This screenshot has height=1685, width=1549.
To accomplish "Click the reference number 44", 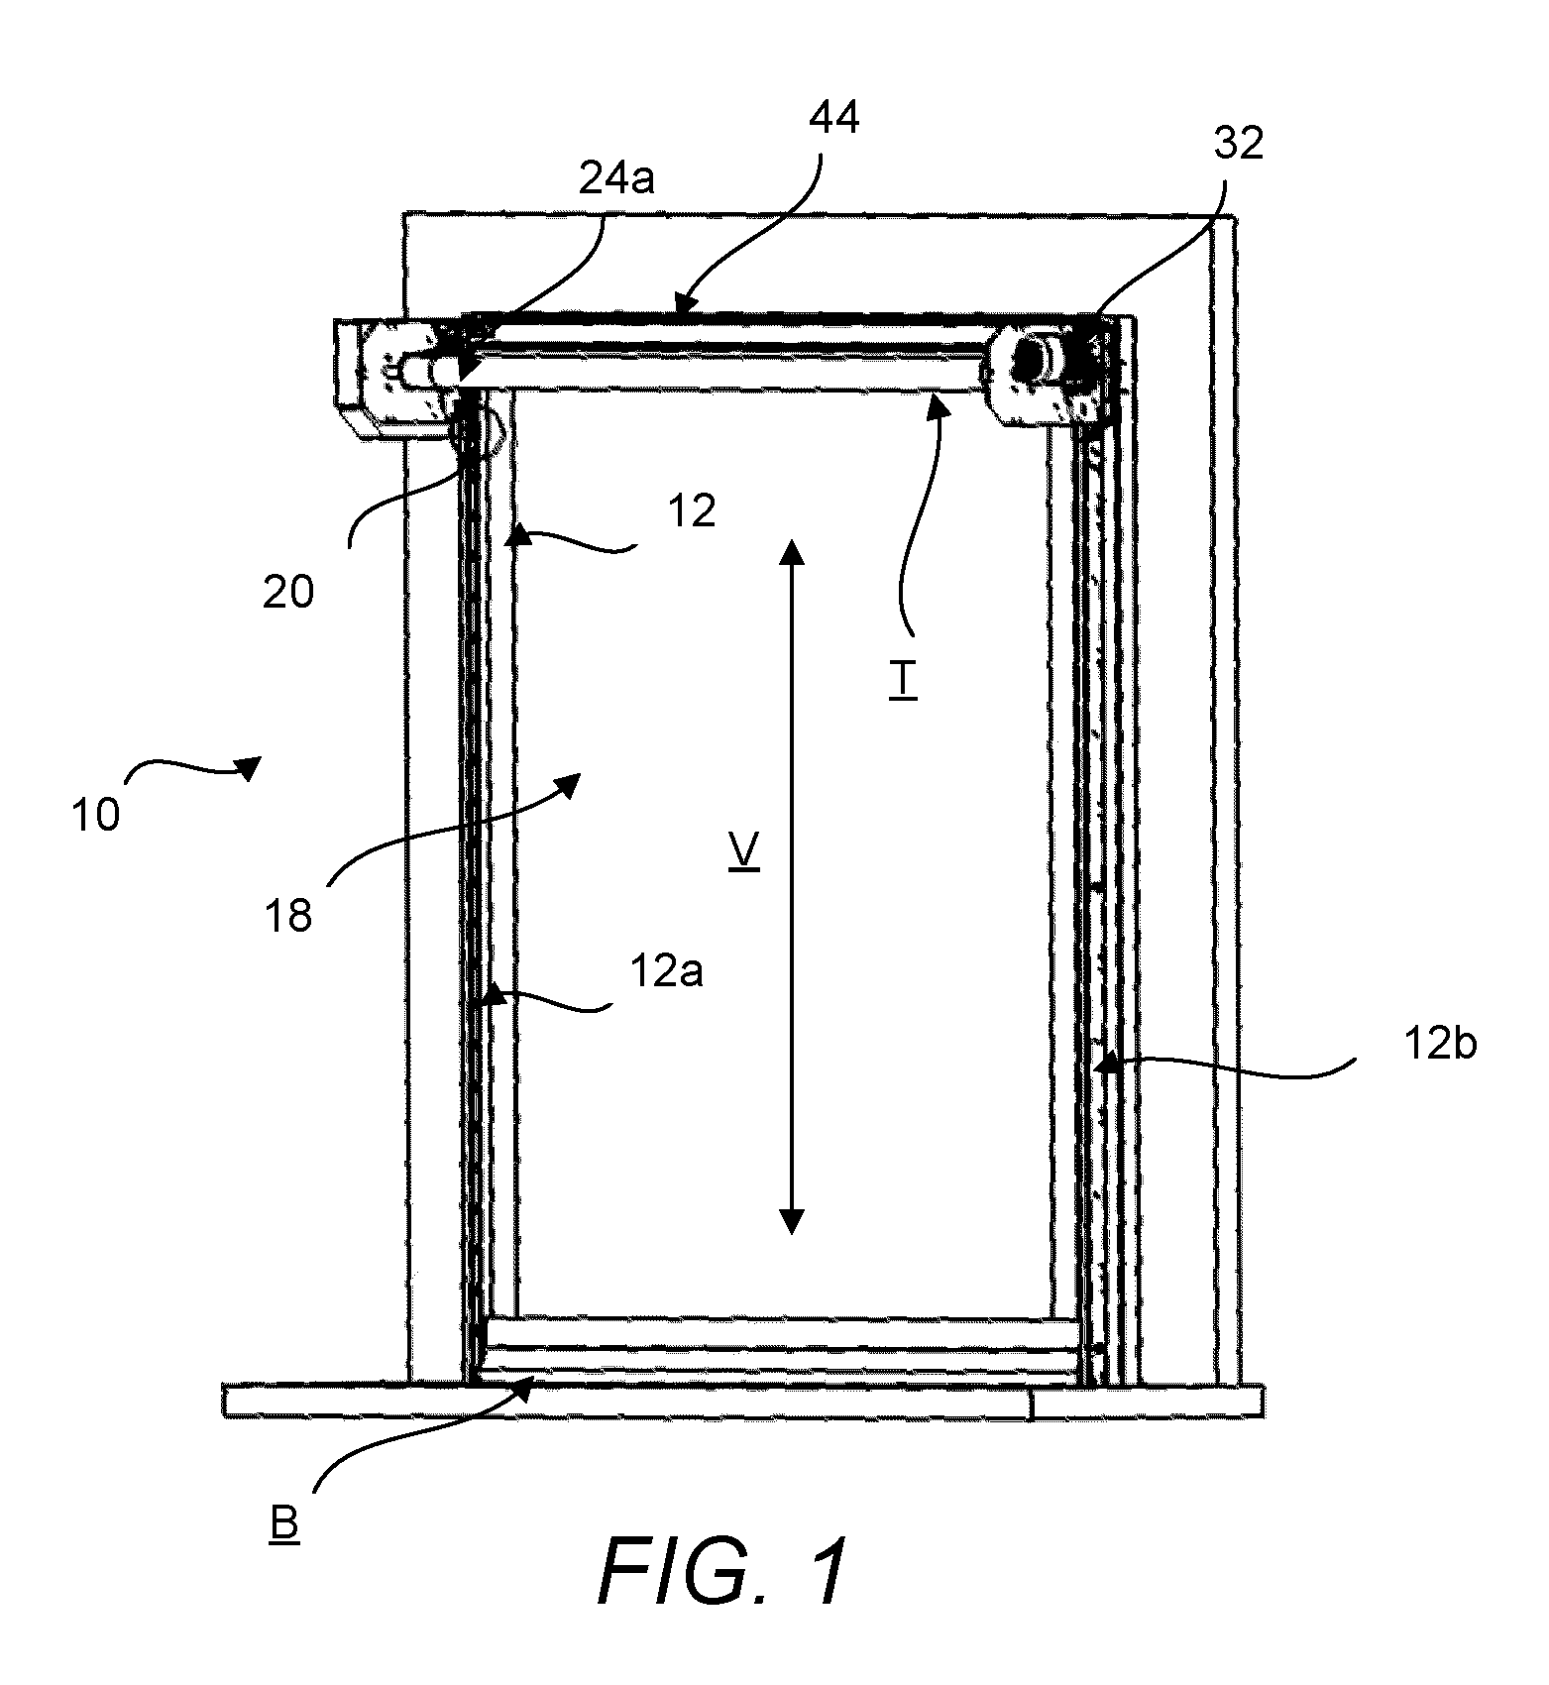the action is (x=834, y=118).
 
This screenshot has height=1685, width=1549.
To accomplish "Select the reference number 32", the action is (x=1239, y=144).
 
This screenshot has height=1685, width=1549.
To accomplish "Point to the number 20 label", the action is (x=288, y=592).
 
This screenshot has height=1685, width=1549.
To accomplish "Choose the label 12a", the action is (x=667, y=971).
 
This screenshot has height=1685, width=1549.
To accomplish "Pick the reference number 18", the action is (x=289, y=916).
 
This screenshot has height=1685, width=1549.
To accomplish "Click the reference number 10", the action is (x=95, y=815).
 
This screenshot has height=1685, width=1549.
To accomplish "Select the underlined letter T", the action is (x=903, y=682).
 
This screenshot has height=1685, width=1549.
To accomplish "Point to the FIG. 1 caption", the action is (x=723, y=1572).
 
